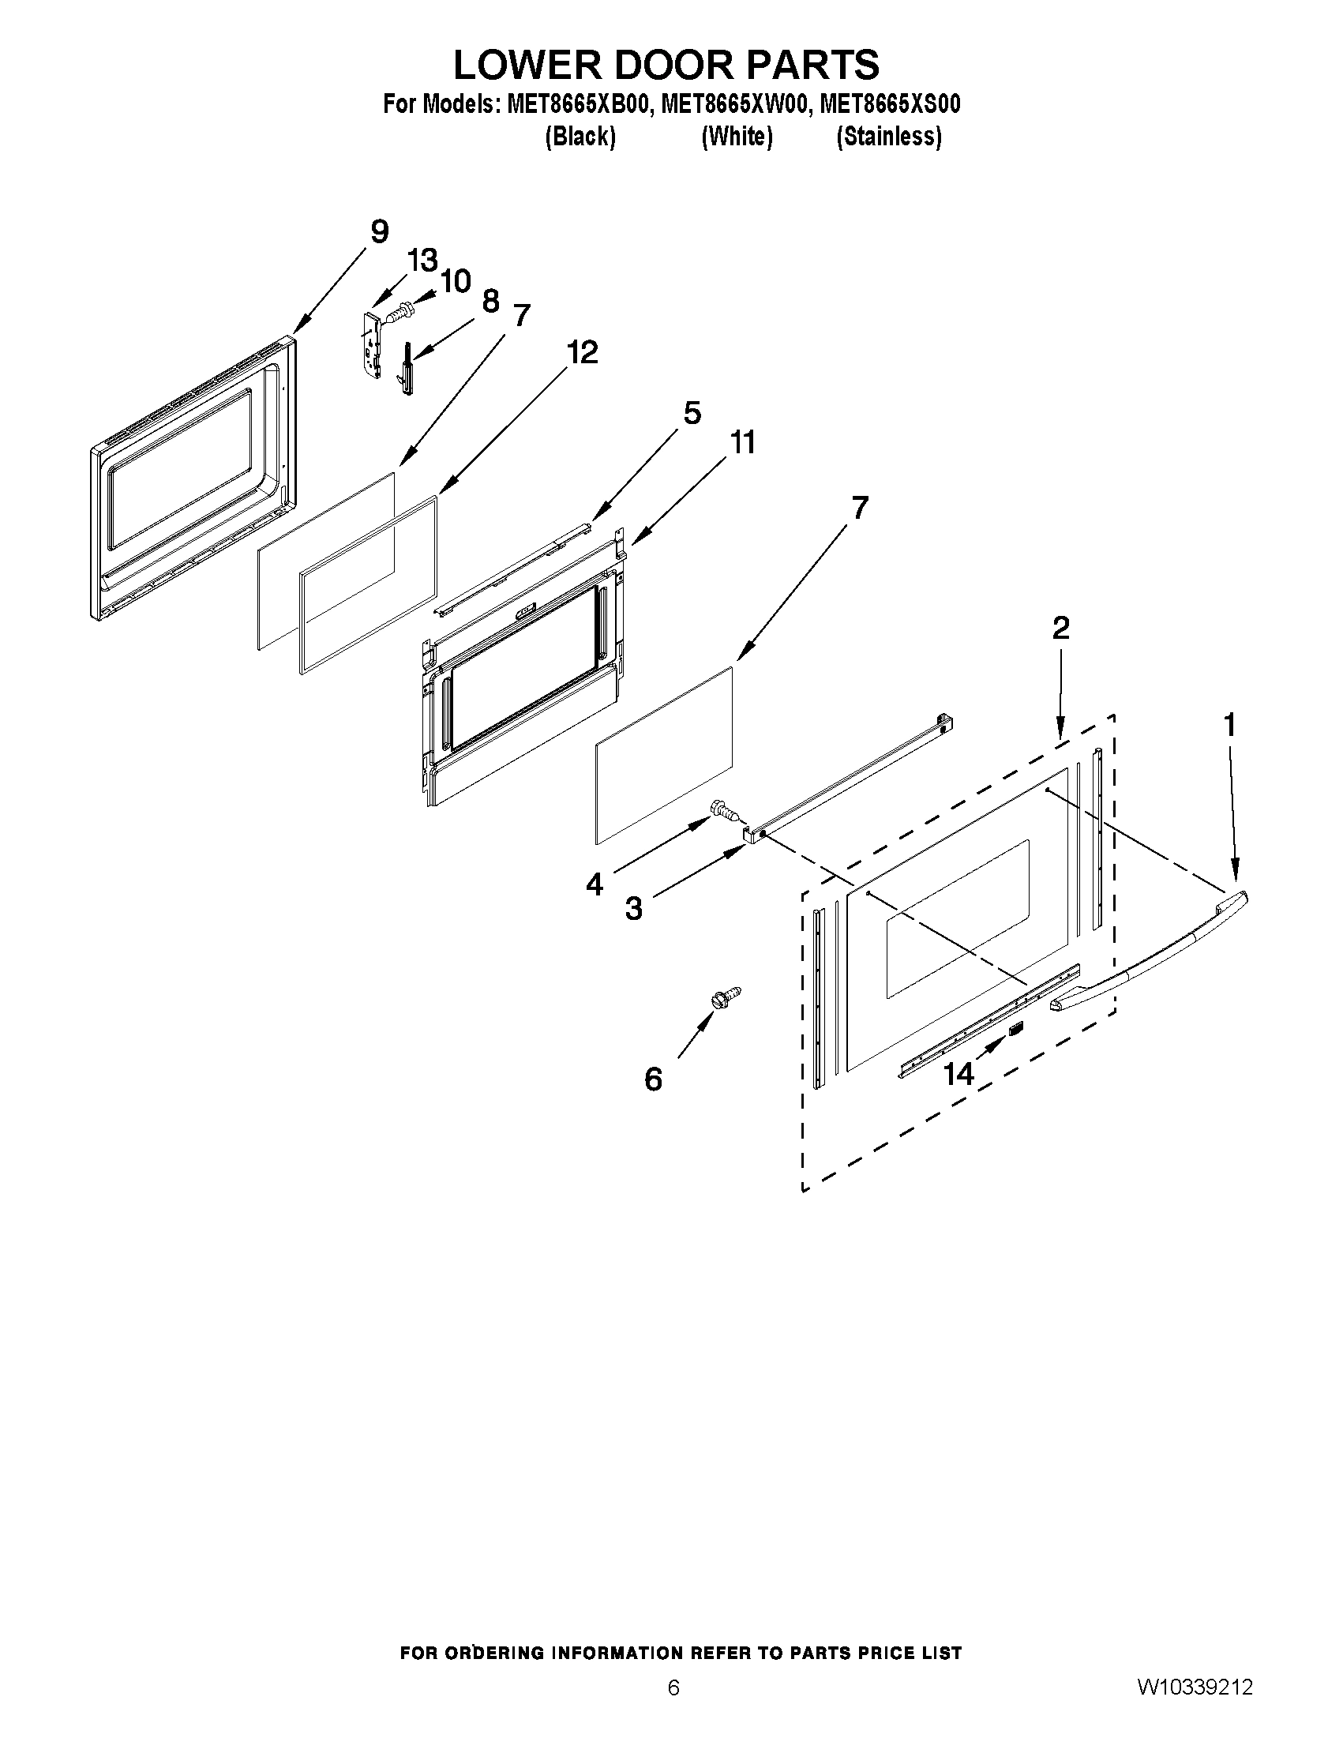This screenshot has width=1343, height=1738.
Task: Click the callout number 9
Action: click(x=380, y=232)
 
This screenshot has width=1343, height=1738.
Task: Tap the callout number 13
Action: click(x=422, y=261)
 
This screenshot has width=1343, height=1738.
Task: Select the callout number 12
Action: click(x=583, y=351)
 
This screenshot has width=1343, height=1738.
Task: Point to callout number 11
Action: click(x=742, y=442)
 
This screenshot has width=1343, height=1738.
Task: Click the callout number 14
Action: click(x=958, y=1075)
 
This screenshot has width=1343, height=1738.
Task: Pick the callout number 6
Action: click(x=653, y=1080)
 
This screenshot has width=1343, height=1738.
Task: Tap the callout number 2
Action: click(x=1060, y=628)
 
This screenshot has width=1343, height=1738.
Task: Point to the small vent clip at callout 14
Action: click(x=1016, y=1029)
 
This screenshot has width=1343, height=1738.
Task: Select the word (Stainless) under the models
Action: click(x=889, y=137)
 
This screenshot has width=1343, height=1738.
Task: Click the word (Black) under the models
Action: click(x=580, y=137)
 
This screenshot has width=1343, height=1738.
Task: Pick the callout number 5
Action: click(x=692, y=414)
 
